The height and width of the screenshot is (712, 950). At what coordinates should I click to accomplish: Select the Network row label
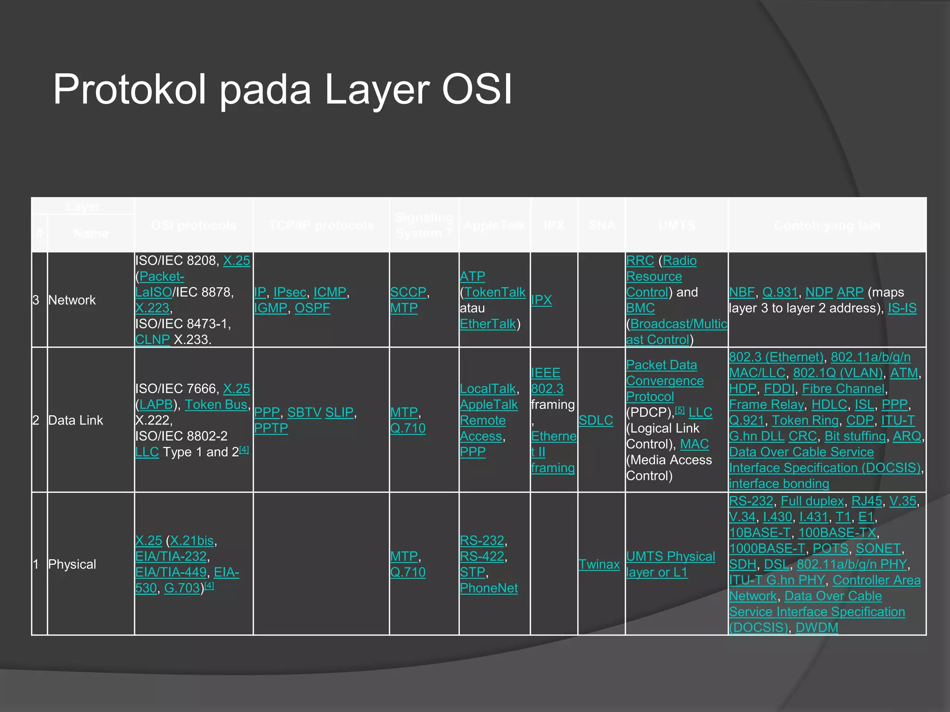coord(72,300)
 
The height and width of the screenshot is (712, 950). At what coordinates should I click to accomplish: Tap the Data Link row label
coord(76,420)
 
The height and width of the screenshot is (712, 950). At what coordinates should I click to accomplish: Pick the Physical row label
coord(72,565)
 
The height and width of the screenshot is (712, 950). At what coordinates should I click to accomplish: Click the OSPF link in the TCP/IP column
coord(312,308)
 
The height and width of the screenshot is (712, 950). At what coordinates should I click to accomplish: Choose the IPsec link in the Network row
coord(290,292)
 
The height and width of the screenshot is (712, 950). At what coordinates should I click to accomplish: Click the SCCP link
coord(408,292)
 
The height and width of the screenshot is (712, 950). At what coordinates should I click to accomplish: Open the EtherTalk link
coord(488,324)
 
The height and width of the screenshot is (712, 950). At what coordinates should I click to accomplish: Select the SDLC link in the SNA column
coord(596,420)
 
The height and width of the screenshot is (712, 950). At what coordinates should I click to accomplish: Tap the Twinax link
coord(599,565)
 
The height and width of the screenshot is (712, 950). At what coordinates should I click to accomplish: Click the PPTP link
coord(271,428)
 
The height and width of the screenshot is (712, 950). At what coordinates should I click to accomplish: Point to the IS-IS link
coord(902,308)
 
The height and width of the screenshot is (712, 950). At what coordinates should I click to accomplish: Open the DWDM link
coord(817,628)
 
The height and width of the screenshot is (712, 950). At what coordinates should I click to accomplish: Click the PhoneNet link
coord(488,588)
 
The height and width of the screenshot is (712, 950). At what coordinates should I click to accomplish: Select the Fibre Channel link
coord(843,389)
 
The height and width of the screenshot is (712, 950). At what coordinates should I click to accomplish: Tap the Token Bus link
coord(216,405)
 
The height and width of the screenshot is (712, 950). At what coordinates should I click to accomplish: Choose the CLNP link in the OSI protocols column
coord(152,340)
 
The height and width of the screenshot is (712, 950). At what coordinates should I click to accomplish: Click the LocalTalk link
coord(488,389)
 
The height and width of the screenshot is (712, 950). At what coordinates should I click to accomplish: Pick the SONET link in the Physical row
coord(878,549)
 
